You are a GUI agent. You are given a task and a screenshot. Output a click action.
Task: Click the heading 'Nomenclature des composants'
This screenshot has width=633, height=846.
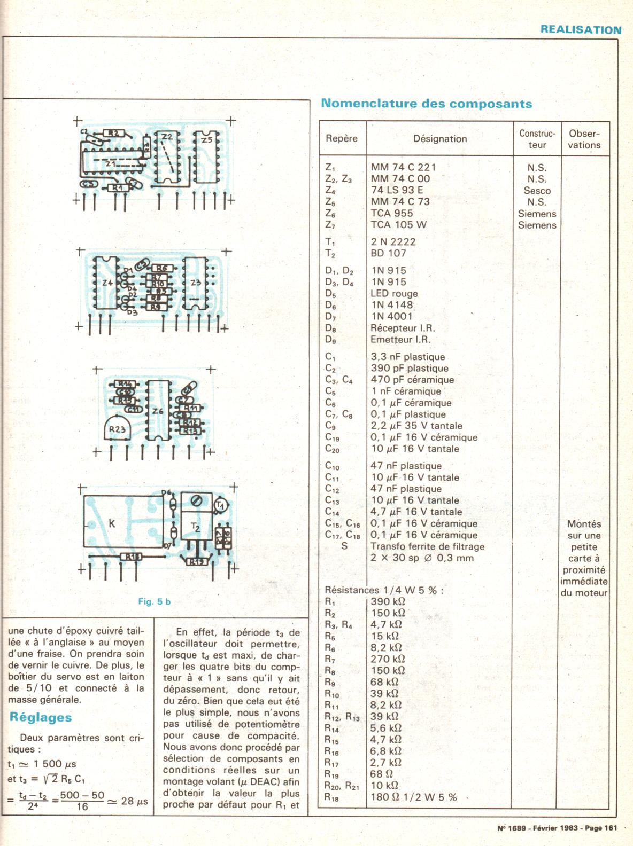click(426, 104)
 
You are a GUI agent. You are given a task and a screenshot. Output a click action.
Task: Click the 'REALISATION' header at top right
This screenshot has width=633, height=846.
click(581, 30)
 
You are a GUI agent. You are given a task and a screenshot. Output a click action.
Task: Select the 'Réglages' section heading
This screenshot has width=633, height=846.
click(41, 717)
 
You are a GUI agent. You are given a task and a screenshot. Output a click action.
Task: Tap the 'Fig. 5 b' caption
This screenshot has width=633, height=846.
click(155, 601)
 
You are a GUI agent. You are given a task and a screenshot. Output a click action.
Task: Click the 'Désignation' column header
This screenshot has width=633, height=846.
click(440, 139)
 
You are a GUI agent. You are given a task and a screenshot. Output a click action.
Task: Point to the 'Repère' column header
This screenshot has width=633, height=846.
click(342, 138)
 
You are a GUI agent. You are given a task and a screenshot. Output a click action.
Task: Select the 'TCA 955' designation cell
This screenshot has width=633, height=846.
click(392, 213)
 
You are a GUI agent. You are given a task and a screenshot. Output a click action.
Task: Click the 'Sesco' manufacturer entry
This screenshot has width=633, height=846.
click(537, 191)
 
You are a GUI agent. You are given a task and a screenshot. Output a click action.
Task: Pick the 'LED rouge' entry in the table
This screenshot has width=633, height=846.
click(394, 293)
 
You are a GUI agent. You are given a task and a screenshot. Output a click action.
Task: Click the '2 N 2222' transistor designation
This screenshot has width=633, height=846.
click(393, 242)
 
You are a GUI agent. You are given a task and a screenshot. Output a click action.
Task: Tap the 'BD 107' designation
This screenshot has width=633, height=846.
click(389, 253)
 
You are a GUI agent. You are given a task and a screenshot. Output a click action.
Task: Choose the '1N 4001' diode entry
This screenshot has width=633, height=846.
click(391, 316)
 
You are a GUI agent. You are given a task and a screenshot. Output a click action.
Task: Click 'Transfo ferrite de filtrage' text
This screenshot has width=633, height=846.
click(427, 546)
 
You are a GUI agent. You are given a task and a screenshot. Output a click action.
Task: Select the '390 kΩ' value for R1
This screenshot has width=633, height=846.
click(388, 602)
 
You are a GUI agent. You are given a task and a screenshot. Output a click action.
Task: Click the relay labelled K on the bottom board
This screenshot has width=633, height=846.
click(112, 523)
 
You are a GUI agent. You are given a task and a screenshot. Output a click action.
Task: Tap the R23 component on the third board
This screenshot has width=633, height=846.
click(117, 429)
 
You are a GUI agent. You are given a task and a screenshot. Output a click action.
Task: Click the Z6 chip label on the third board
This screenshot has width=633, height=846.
click(157, 411)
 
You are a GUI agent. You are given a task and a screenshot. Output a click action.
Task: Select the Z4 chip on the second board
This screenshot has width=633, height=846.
click(107, 283)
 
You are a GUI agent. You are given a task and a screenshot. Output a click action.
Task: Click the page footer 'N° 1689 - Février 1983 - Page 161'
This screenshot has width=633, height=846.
click(557, 828)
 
